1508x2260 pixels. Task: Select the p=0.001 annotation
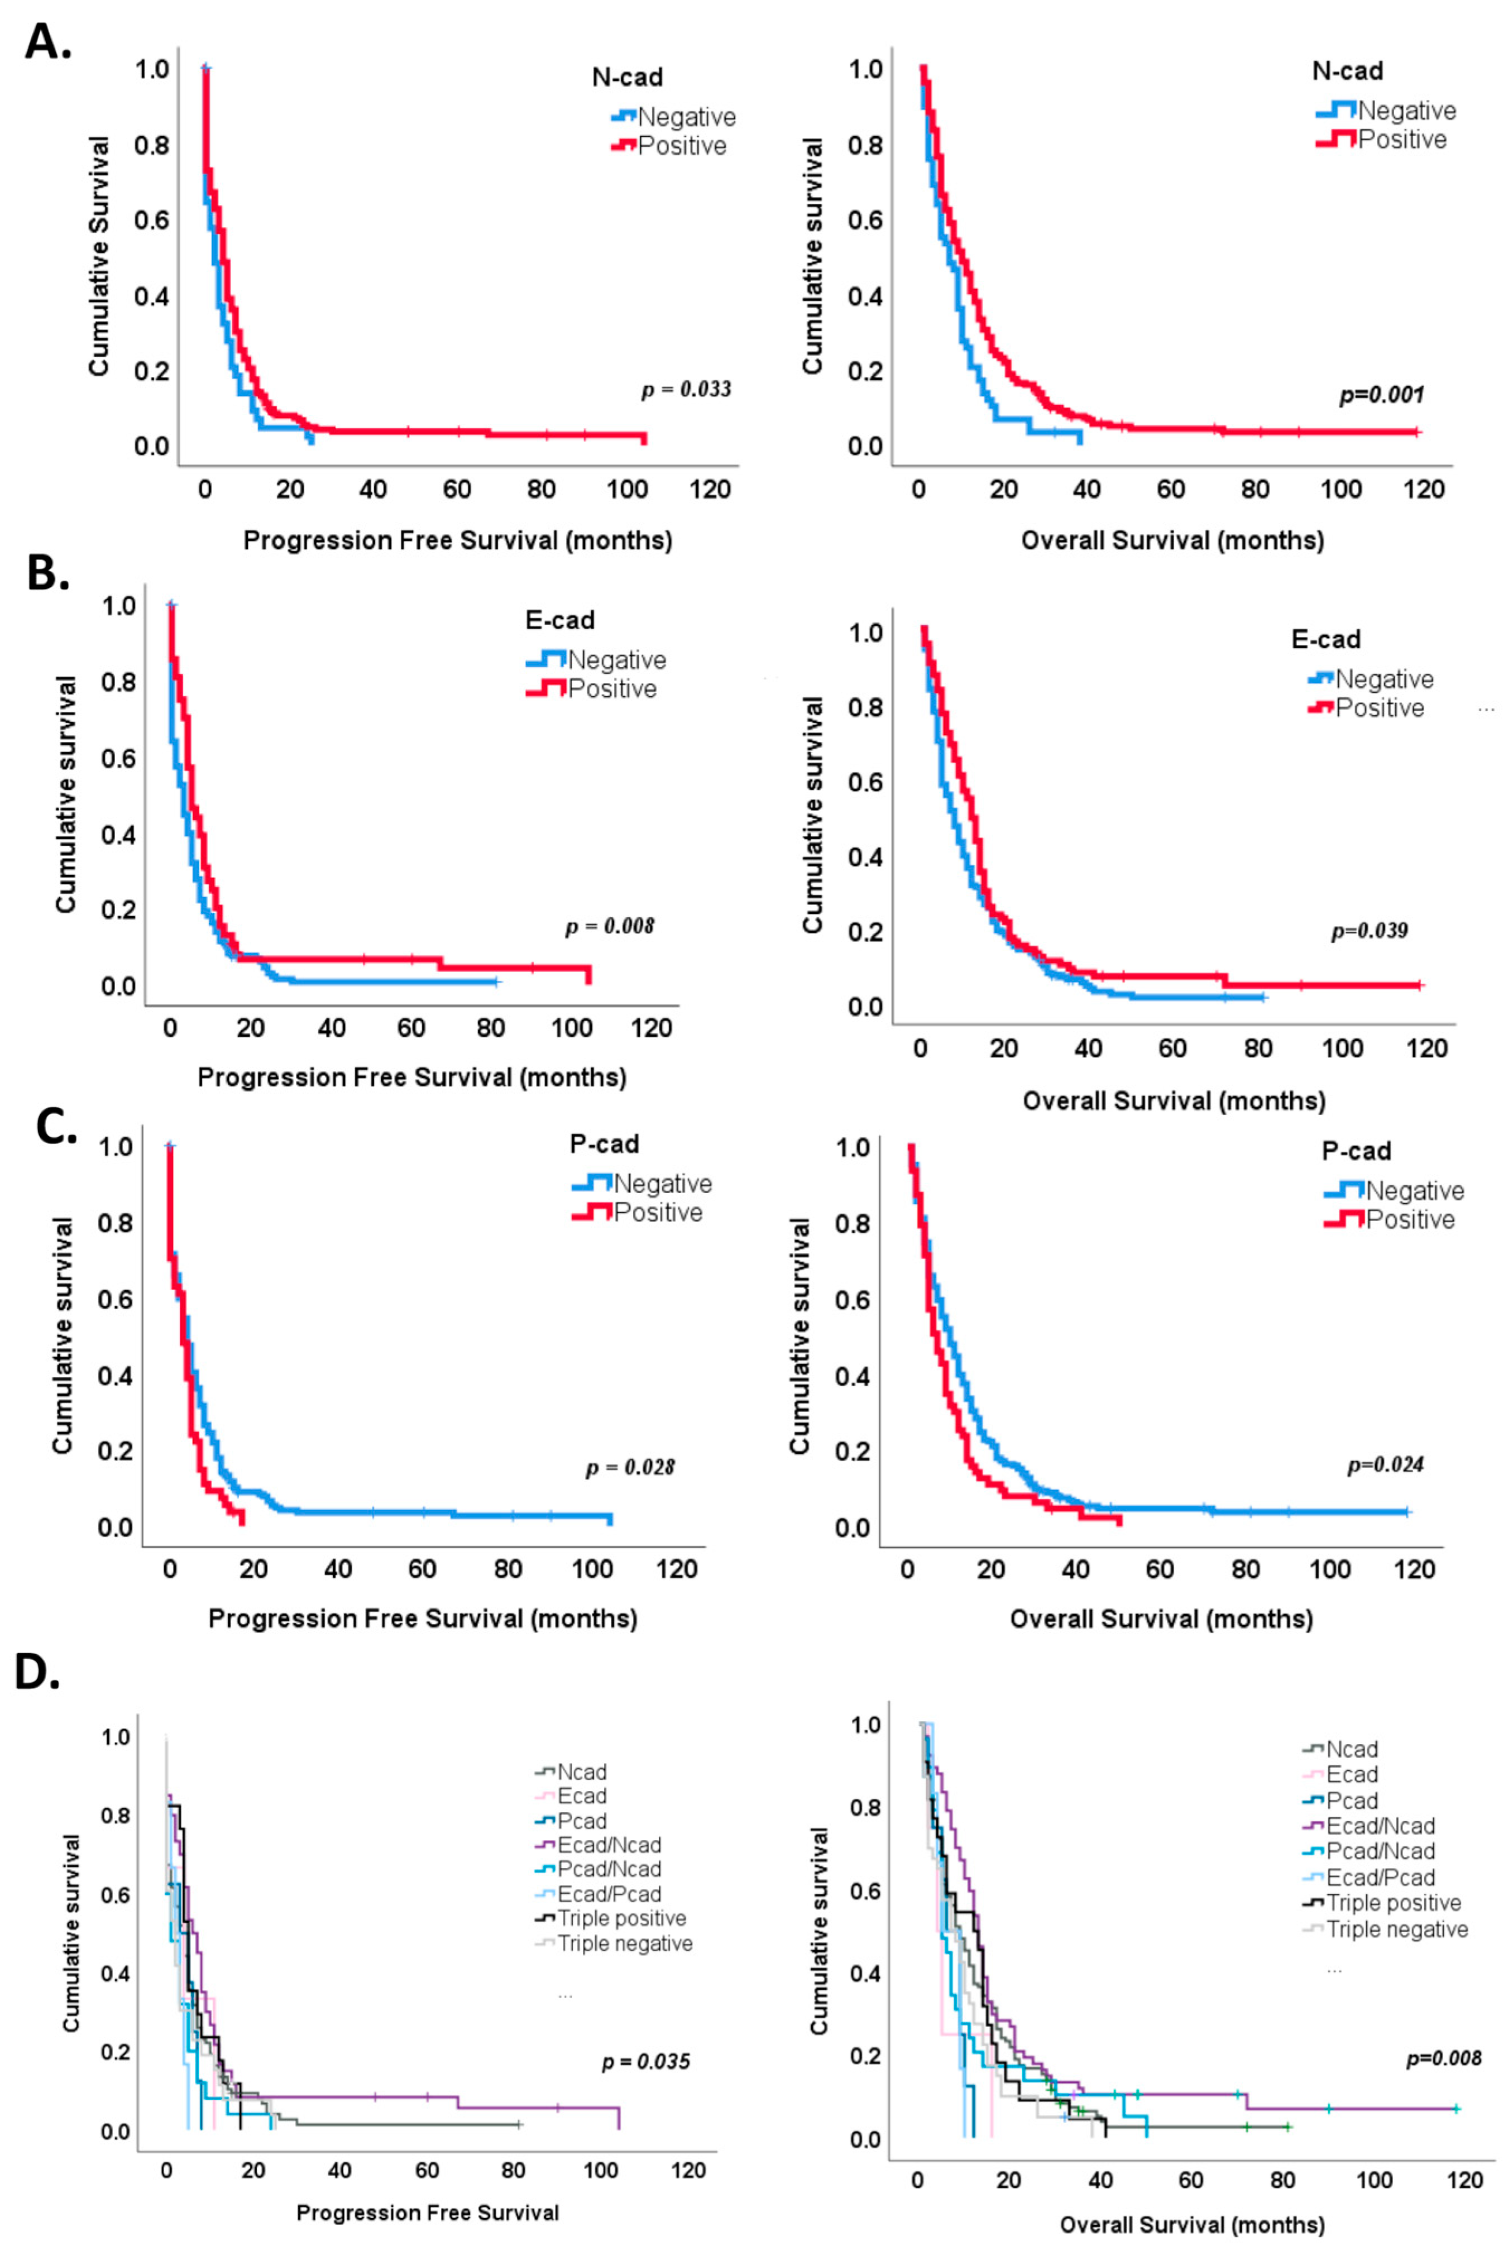coord(1381,394)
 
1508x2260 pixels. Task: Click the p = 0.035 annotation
coord(645,2061)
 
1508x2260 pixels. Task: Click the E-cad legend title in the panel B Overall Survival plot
coord(1325,639)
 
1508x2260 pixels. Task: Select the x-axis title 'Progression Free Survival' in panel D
coord(427,2213)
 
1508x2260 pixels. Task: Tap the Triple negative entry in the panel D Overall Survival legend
coord(1396,1929)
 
